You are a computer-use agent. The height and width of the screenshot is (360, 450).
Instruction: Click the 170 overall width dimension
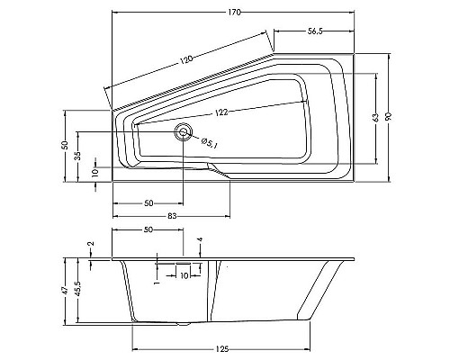[235, 7]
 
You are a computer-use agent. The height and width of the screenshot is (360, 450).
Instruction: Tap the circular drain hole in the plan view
[184, 132]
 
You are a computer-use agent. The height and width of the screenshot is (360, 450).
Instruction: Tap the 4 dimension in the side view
[199, 241]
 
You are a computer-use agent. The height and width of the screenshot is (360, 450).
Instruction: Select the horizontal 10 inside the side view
[184, 275]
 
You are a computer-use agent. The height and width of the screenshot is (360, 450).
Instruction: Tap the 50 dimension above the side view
[148, 231]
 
